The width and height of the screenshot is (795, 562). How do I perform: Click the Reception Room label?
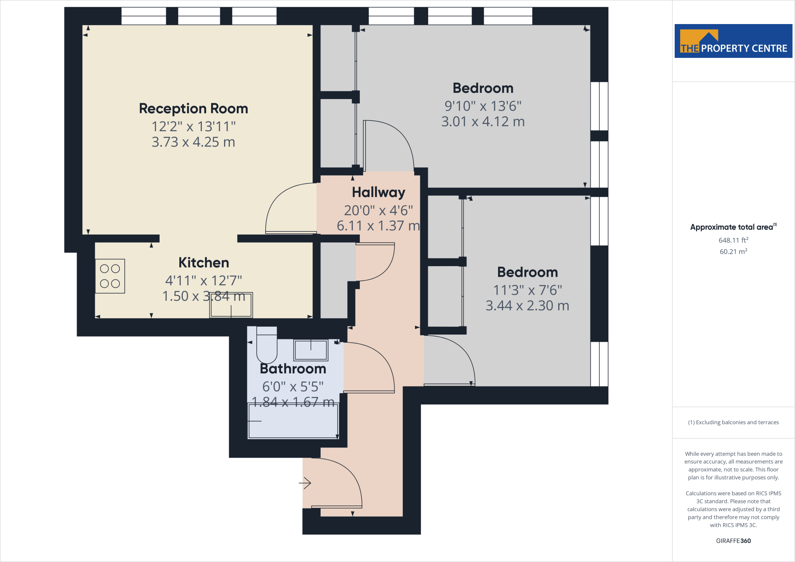(x=193, y=109)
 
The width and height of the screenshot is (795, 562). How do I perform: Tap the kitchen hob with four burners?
(x=110, y=276)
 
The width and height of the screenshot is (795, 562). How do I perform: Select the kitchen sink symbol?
(x=231, y=305)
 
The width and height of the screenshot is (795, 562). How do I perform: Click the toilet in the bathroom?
(x=267, y=346)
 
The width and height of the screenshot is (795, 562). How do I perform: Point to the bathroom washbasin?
(x=311, y=350)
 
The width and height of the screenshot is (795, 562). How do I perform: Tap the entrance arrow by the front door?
(x=305, y=483)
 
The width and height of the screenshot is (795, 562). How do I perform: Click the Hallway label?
(x=378, y=193)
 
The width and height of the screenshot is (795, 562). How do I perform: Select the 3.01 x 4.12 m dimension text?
(x=483, y=122)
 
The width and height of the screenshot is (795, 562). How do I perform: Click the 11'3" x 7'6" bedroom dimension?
(x=528, y=290)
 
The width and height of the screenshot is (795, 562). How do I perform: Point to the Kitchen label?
(x=203, y=263)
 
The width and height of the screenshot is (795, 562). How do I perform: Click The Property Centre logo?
(x=733, y=41)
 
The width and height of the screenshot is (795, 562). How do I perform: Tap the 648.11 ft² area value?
(x=733, y=240)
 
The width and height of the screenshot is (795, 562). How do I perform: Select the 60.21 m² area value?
(x=733, y=252)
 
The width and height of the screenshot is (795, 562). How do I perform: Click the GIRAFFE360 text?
(x=733, y=541)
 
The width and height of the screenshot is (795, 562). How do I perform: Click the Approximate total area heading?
(x=732, y=227)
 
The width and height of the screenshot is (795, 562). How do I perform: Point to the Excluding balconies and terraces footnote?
(x=733, y=422)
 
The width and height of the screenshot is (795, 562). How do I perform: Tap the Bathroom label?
(x=293, y=369)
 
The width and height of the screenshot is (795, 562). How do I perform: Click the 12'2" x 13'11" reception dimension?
(x=193, y=127)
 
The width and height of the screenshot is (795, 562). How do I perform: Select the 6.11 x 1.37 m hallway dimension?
(x=378, y=226)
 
